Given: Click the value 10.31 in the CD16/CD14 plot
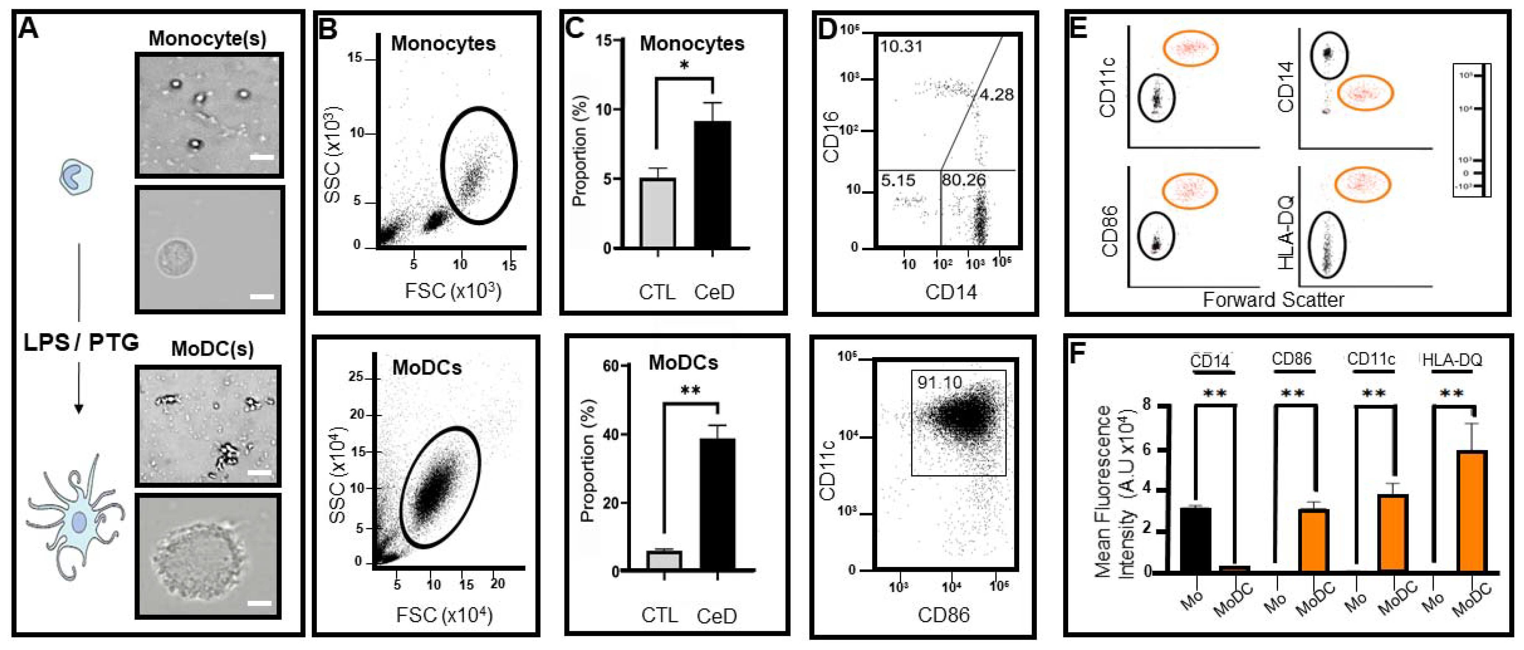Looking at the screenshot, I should point(901,46).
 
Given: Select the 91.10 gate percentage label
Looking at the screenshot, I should point(940,383).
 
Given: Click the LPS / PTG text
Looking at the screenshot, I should point(81,343).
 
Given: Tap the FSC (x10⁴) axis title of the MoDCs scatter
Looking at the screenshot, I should point(444,616).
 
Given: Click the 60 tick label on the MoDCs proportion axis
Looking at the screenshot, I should point(610,366).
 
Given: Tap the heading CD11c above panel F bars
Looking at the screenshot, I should point(1371,359).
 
